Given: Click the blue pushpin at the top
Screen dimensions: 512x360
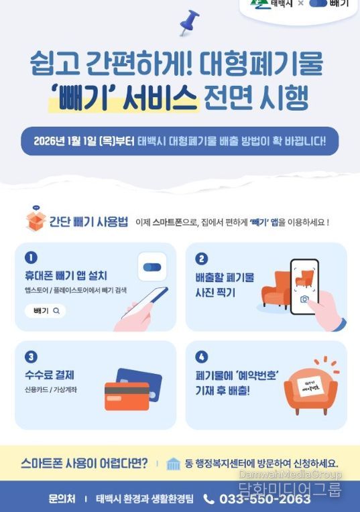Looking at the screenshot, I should click(190, 22).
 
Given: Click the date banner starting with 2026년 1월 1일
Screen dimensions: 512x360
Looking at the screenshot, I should click(180, 141).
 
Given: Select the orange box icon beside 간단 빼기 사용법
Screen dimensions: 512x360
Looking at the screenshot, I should click(35, 220).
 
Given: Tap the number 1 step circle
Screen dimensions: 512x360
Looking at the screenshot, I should click(31, 258).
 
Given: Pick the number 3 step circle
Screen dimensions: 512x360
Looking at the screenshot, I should click(31, 357).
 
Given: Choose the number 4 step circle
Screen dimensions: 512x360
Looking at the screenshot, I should click(202, 357).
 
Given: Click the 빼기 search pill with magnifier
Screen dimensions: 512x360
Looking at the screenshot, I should click(46, 311).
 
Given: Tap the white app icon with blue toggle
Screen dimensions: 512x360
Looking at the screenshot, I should click(152, 267).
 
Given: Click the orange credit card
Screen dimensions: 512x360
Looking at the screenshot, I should click(126, 396).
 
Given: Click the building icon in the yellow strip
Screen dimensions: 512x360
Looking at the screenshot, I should click(174, 464).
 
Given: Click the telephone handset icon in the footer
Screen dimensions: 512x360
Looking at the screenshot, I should click(209, 499).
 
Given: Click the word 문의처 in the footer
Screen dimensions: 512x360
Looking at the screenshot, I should click(62, 499).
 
